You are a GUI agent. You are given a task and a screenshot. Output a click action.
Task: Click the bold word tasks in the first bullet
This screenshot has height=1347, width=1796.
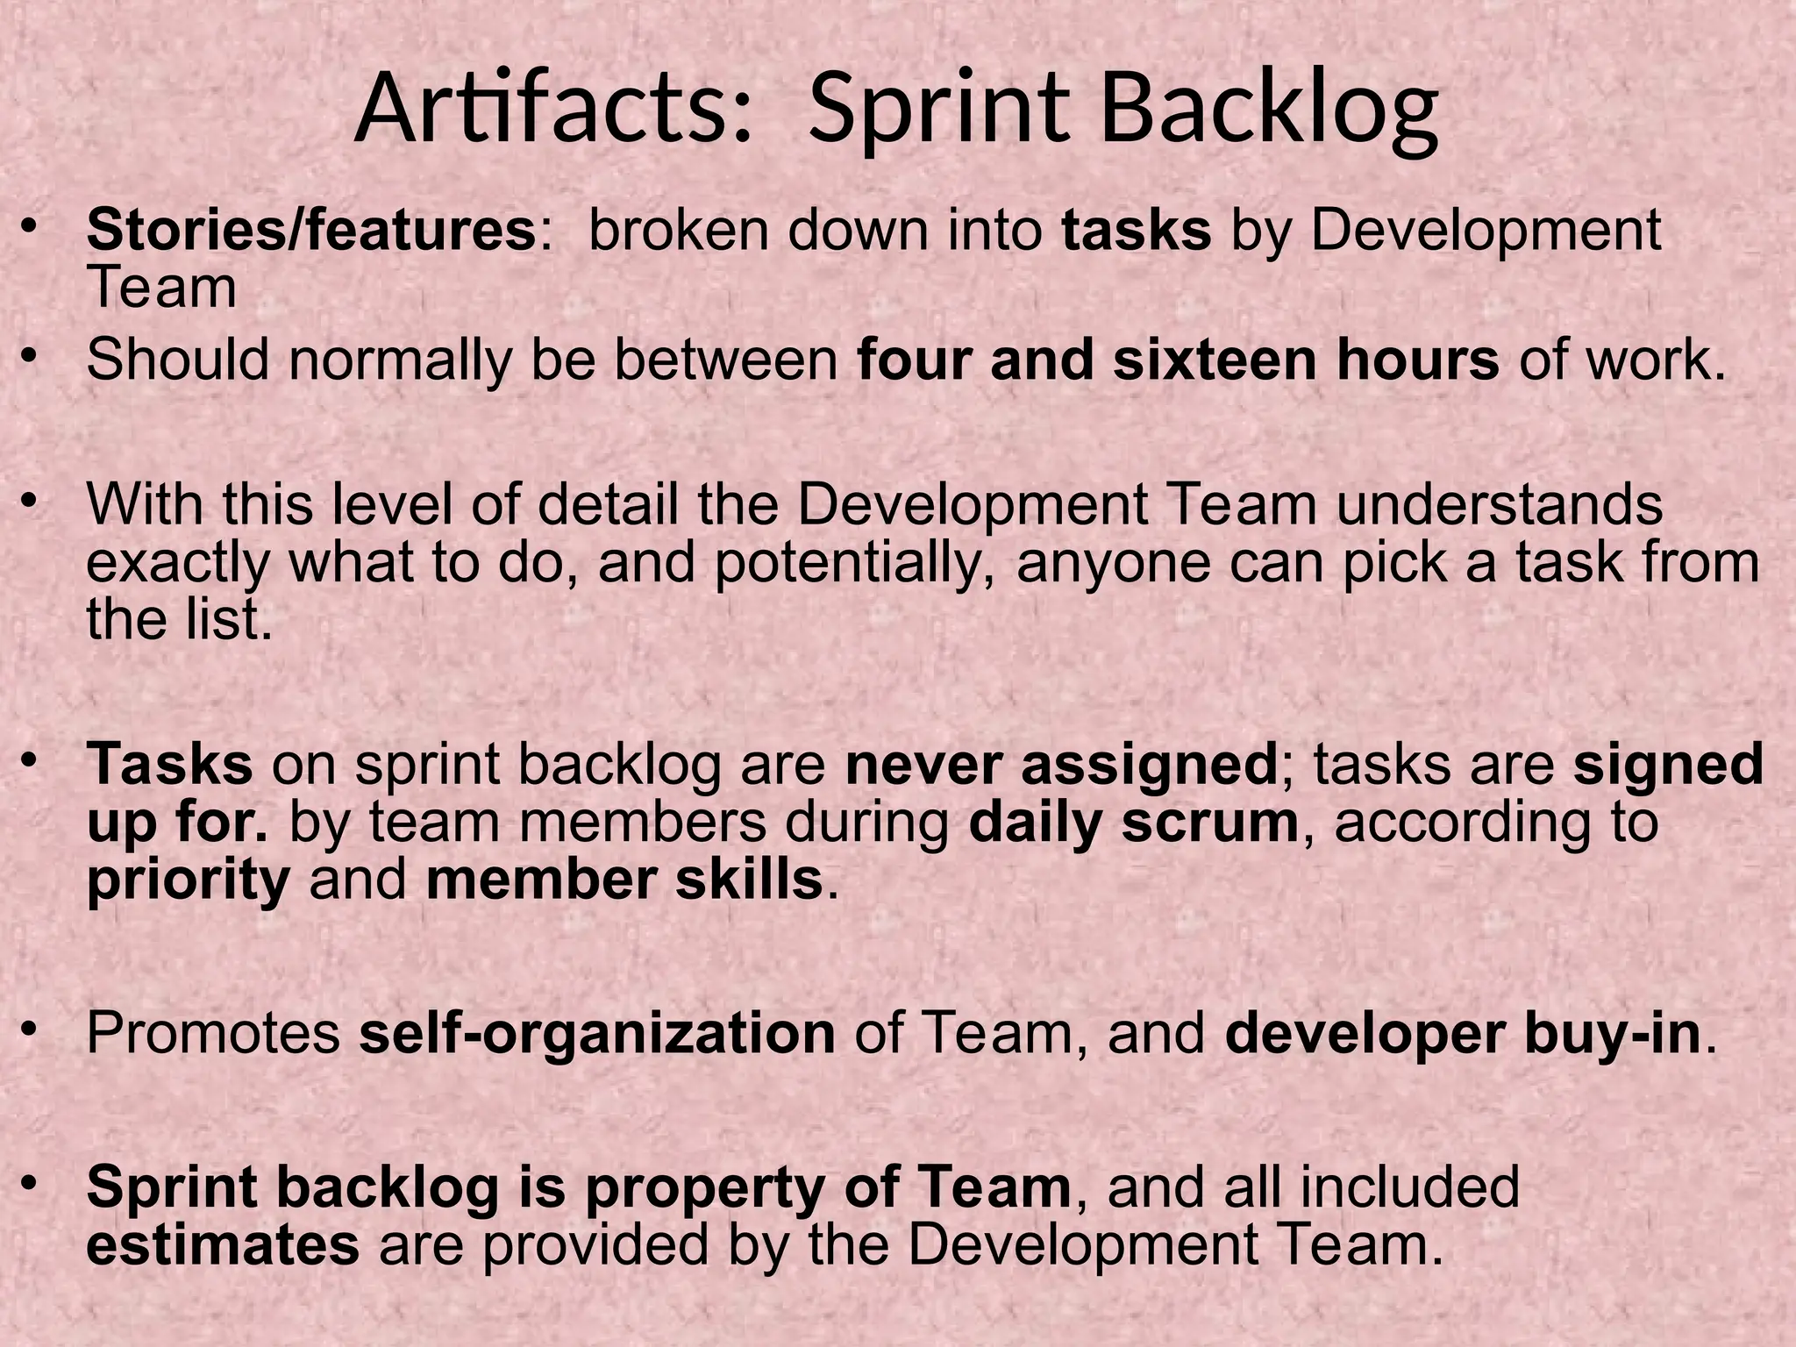1136,230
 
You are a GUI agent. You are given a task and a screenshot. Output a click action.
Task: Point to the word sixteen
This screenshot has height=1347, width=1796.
1215,360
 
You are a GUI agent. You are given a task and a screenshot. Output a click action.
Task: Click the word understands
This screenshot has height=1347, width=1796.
1500,505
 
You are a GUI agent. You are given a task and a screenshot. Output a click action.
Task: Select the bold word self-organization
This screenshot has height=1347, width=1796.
597,1034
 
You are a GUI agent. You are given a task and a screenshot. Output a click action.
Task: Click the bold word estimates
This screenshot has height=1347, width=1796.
223,1245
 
